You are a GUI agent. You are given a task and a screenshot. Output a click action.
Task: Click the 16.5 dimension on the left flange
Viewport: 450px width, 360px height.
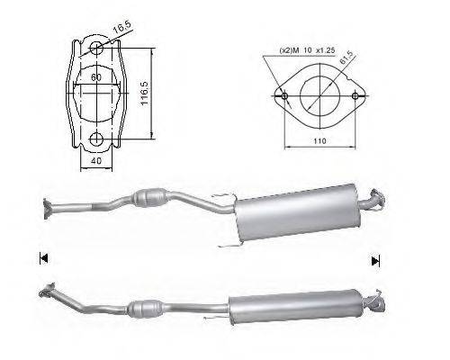[121, 31]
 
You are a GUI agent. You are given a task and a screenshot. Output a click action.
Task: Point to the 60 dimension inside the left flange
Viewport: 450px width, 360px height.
[95, 78]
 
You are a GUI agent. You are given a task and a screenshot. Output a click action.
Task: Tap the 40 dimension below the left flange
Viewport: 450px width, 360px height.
[95, 162]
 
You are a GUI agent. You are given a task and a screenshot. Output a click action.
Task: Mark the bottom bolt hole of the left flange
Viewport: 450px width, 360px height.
[95, 139]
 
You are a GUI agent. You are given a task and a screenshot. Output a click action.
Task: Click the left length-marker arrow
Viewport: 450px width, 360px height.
[42, 259]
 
